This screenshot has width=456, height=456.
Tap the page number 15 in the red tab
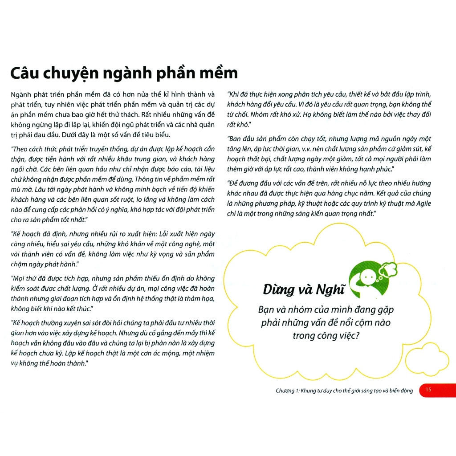click(428, 390)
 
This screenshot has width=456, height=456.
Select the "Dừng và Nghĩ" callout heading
click(304, 290)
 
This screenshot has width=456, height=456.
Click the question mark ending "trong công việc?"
click(358, 335)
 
